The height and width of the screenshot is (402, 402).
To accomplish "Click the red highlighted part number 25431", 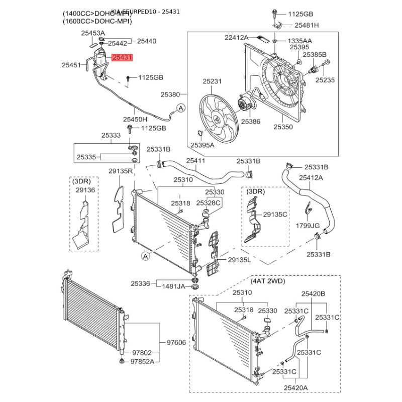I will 122,58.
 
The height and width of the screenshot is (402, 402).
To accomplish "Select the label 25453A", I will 93,33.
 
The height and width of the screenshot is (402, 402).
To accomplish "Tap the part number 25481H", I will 307,25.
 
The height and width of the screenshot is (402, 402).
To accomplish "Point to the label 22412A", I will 237,37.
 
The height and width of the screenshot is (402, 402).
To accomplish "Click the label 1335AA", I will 299,40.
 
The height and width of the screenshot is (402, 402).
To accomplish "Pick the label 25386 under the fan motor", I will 250,121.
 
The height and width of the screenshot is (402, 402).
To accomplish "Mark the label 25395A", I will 202,145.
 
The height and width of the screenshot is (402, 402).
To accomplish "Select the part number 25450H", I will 135,119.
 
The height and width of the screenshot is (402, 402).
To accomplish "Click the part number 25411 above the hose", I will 196,161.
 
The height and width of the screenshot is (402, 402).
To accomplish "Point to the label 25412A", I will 311,177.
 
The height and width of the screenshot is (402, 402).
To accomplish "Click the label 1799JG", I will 308,226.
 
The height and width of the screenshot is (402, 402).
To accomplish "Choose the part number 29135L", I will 239,259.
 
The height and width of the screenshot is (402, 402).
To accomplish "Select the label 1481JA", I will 174,286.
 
